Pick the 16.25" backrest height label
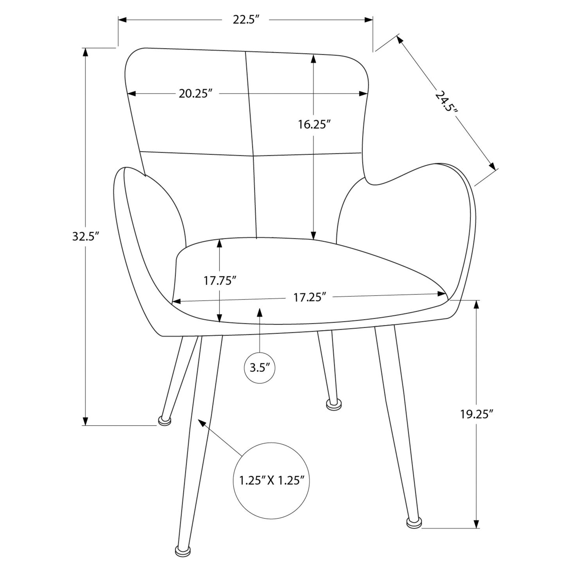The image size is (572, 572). click(315, 125)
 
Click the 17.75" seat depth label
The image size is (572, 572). click(220, 280)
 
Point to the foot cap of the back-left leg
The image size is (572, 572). click(165, 420)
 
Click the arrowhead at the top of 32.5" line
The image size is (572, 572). click(86, 52)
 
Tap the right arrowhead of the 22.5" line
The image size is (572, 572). click(369, 20)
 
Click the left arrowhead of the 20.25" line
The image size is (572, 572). click(132, 94)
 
